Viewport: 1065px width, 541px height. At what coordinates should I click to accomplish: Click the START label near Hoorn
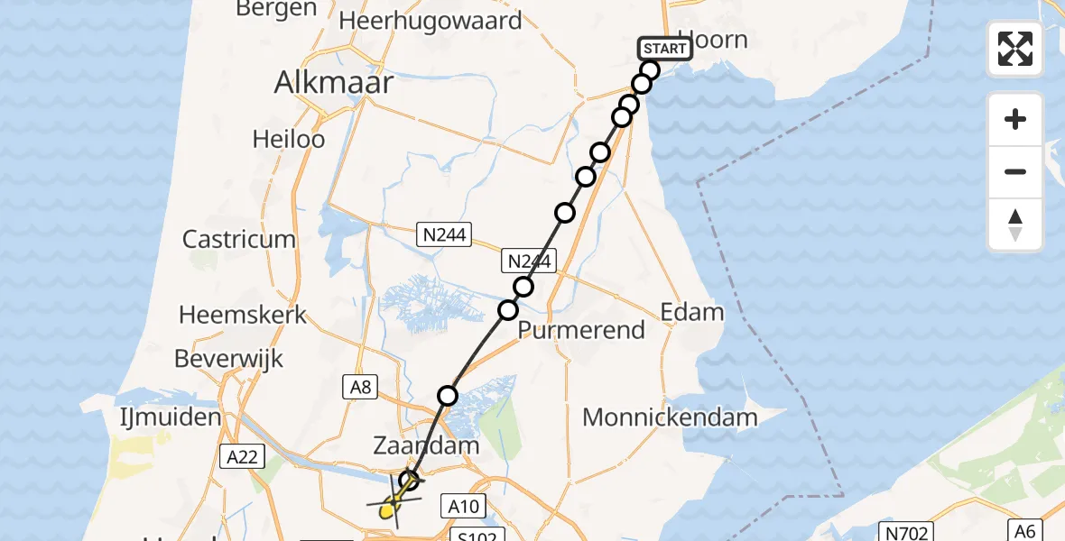664,49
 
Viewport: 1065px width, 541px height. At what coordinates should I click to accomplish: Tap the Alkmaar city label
335,83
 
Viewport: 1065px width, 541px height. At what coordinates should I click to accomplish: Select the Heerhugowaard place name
431,21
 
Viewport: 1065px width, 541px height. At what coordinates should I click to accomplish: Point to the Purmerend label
582,330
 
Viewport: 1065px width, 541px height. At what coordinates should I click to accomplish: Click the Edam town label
692,312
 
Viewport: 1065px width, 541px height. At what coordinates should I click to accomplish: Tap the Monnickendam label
670,417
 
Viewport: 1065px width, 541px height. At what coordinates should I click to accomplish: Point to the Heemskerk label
243,315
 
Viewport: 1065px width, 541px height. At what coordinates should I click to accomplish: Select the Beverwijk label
228,358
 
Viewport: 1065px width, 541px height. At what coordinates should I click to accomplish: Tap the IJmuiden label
171,417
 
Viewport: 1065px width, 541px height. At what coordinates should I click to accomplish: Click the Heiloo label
289,140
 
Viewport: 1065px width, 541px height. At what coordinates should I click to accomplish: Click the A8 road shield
359,387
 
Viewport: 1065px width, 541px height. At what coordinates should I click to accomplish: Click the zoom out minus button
1015,171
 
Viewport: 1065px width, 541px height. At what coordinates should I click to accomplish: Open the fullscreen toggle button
1015,49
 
